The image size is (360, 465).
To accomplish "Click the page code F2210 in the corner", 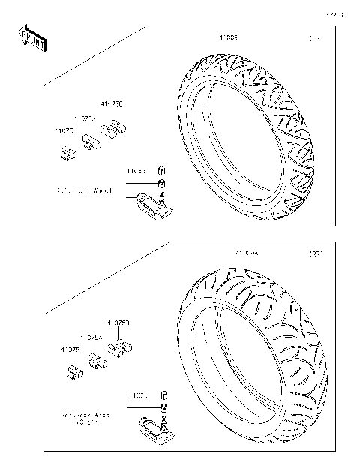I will click(x=334, y=13).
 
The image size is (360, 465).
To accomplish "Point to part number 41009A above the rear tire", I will click(x=246, y=254).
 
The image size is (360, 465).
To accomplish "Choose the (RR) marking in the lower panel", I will click(x=316, y=255).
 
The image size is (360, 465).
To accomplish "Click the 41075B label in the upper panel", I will click(x=112, y=105).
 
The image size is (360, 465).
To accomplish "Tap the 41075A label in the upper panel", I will click(x=84, y=118).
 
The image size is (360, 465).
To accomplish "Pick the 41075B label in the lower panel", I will click(x=118, y=322).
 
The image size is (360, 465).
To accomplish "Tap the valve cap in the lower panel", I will click(x=163, y=394).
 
